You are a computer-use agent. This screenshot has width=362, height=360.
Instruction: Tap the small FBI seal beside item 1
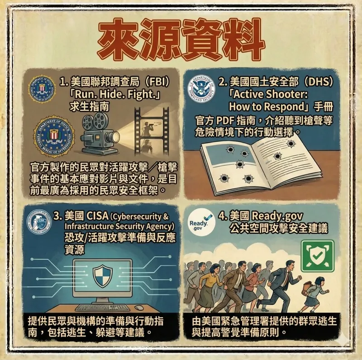[x=42, y=89]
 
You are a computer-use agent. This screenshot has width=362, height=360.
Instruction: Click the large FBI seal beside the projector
[x=54, y=136]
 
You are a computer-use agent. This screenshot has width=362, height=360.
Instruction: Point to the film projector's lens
[x=115, y=136]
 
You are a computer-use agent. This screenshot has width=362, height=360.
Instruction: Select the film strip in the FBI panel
[x=152, y=132]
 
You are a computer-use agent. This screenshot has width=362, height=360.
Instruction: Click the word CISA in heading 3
[x=97, y=216]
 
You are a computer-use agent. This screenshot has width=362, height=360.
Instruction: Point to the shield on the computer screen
[x=103, y=276]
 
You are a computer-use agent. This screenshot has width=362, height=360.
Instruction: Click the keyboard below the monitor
[x=103, y=308]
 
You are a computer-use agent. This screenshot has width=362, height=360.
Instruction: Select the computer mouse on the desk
[x=139, y=307]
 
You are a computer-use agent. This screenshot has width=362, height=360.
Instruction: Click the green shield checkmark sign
[x=318, y=256]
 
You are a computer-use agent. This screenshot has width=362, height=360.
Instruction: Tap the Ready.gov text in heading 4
[x=277, y=216]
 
